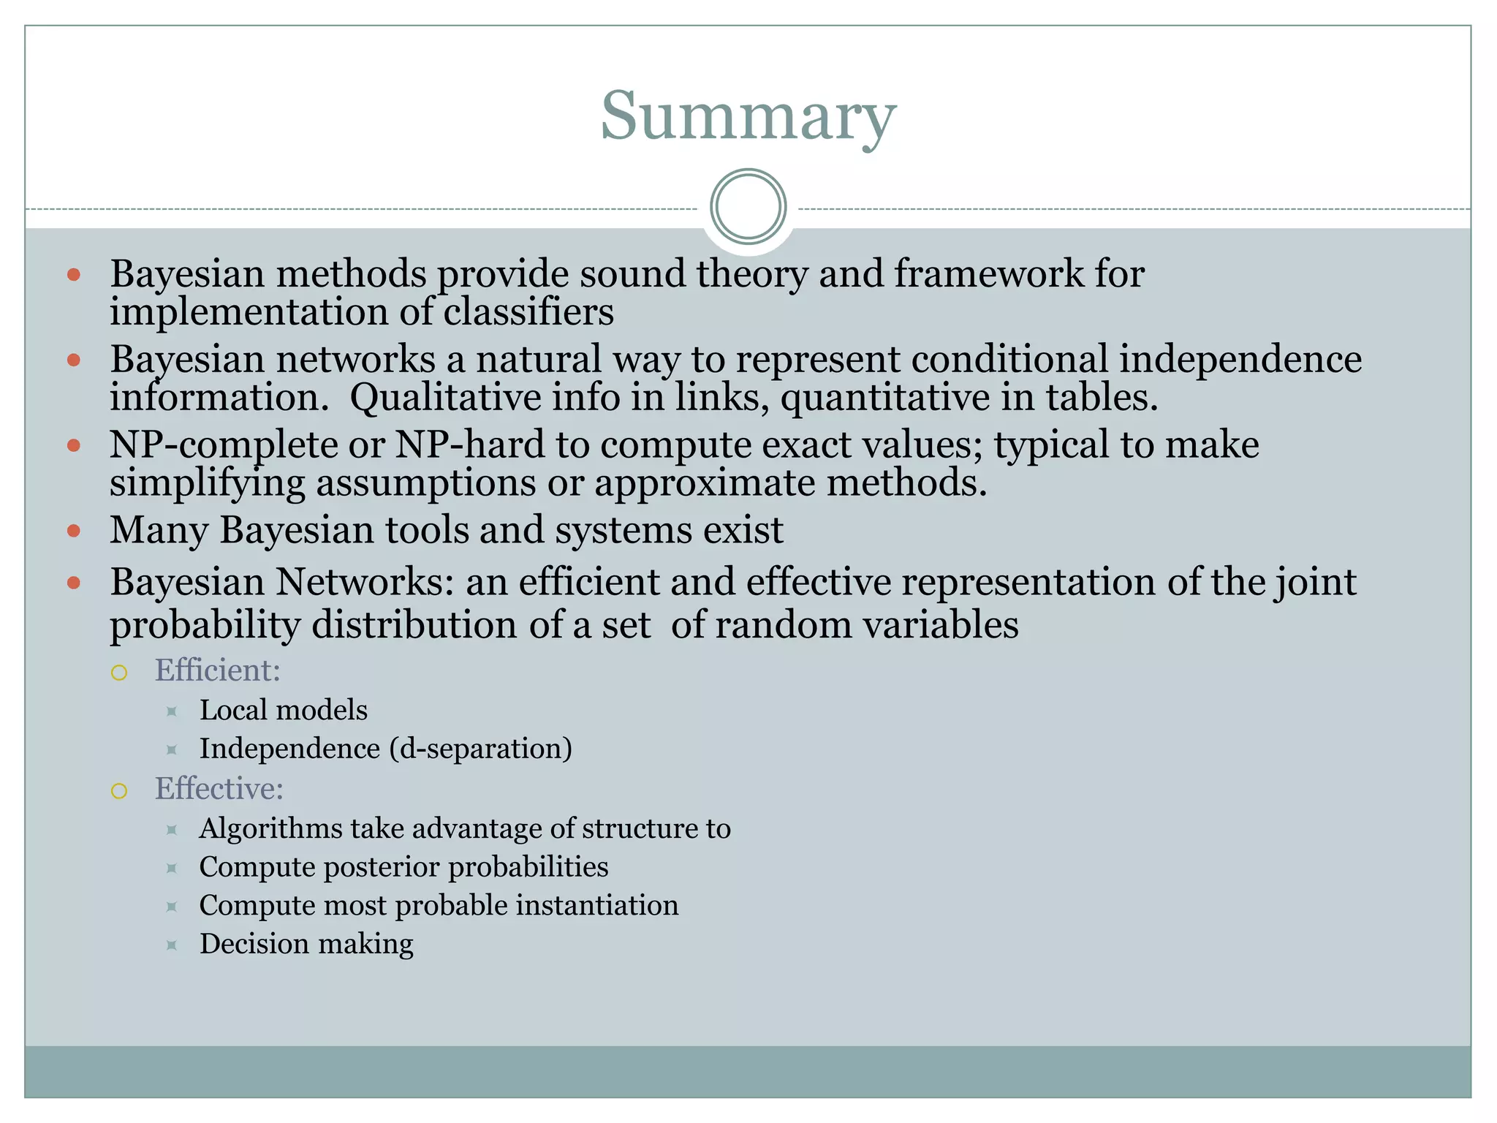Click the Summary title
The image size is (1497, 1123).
coord(748,117)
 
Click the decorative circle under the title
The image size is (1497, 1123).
coord(748,206)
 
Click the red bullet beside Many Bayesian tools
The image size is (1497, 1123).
coord(73,530)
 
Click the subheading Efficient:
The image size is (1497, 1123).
coord(218,670)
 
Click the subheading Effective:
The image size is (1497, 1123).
coord(219,789)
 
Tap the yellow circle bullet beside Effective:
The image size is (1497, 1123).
coord(119,790)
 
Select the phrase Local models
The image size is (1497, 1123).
coord(284,710)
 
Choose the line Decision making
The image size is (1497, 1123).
coord(306,944)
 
